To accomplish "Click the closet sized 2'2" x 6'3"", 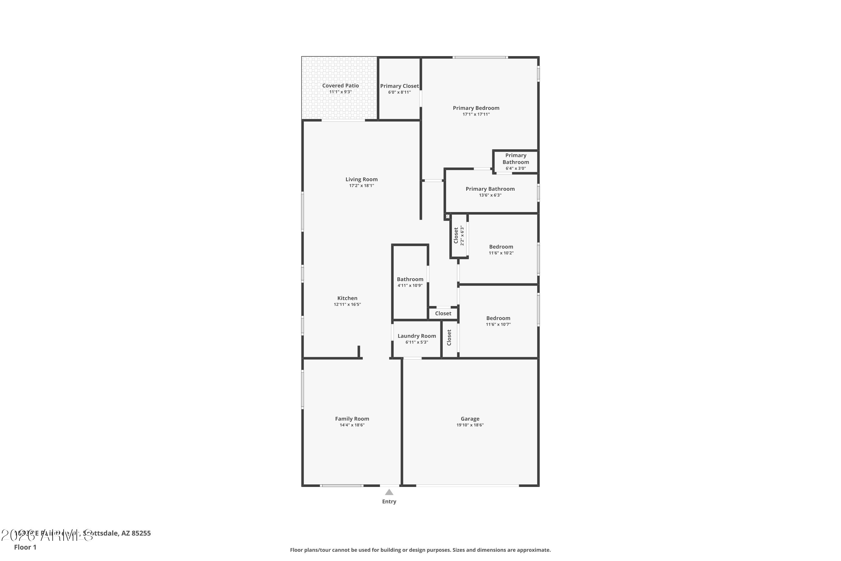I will click(x=459, y=235).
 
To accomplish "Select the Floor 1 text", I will click(x=25, y=547).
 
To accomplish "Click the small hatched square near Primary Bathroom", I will click(x=447, y=217).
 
